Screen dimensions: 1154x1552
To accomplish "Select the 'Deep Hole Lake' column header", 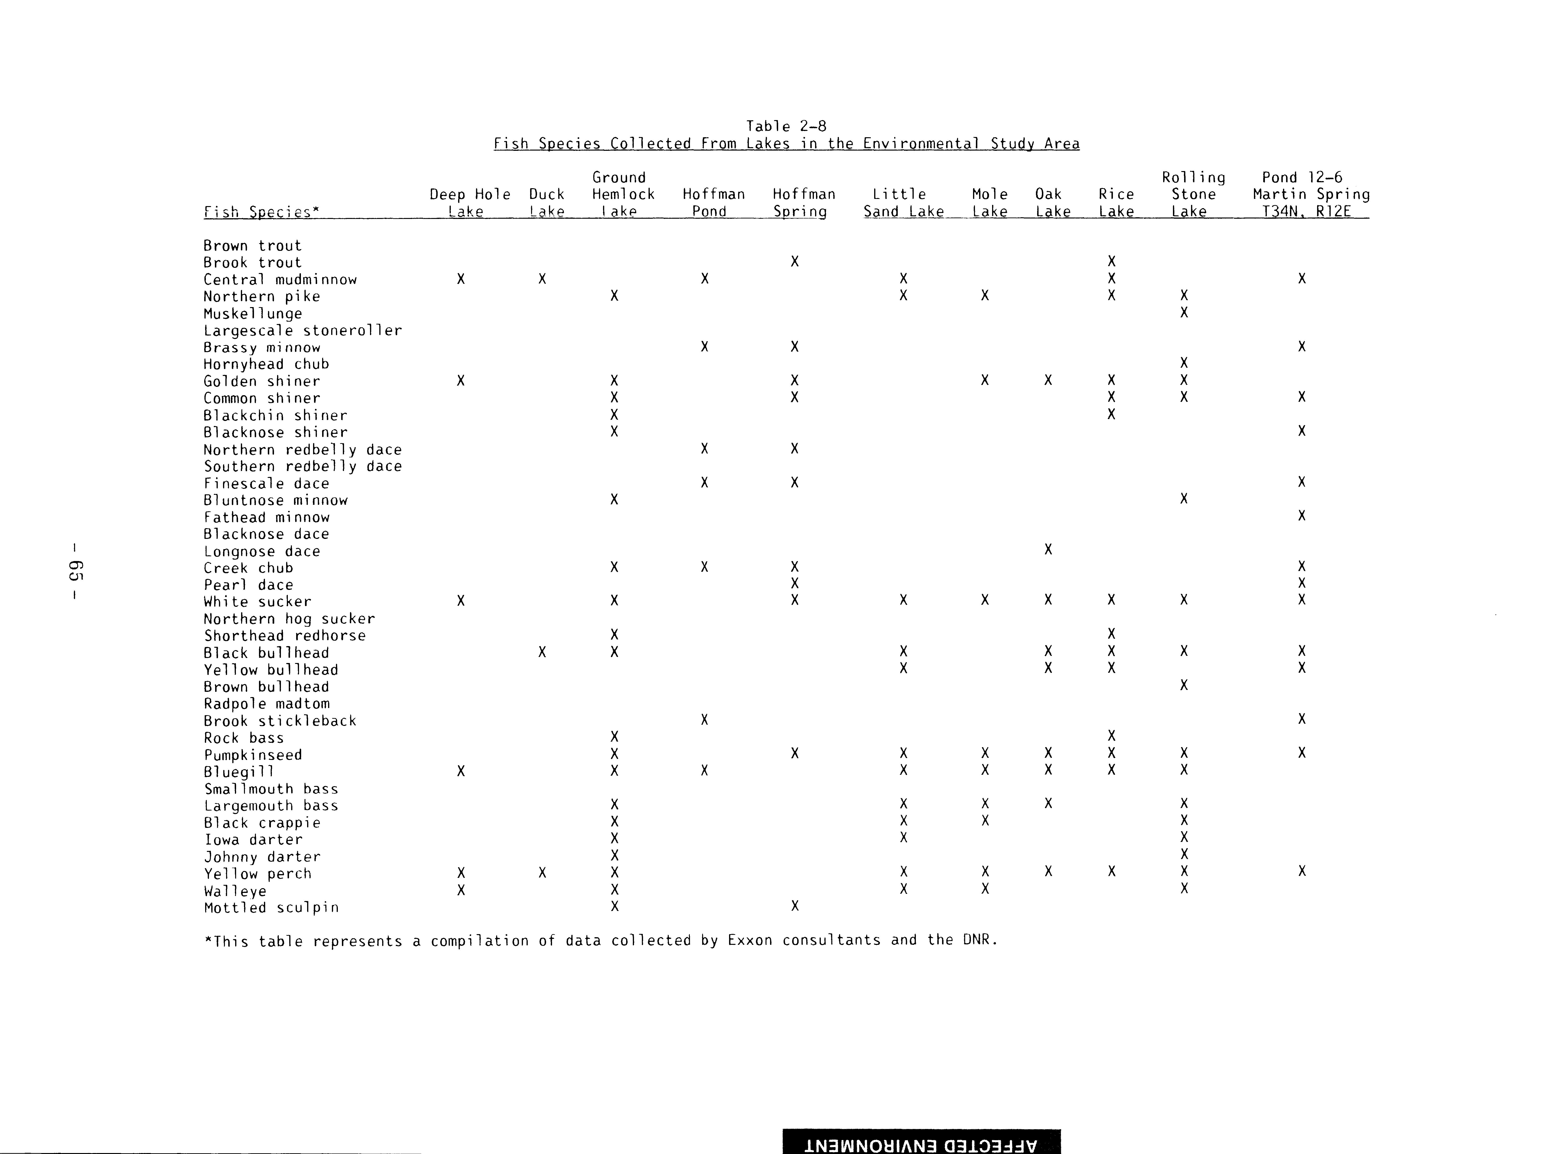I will [x=469, y=202].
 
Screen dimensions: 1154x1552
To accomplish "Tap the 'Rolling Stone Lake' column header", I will [x=1193, y=194].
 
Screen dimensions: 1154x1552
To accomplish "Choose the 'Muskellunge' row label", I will [x=253, y=314].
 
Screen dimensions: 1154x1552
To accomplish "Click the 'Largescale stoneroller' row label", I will [x=302, y=330].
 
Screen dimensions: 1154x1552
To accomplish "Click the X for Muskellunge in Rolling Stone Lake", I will [x=1183, y=312].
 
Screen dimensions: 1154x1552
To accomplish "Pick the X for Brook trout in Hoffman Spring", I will [x=794, y=261].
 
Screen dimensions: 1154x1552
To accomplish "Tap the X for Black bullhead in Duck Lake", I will [x=542, y=652].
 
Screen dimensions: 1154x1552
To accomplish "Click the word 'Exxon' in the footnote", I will [x=750, y=940].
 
